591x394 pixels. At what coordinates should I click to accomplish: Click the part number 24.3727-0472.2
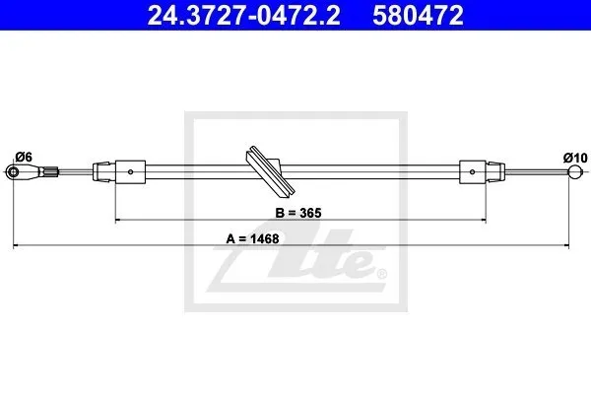(244, 16)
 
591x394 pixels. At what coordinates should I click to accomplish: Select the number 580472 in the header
(418, 16)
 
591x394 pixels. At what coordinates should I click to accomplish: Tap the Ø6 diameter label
(24, 157)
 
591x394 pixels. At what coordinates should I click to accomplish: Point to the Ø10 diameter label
(575, 158)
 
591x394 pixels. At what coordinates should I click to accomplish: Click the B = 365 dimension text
(298, 213)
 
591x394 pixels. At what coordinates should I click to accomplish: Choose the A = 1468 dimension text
(252, 238)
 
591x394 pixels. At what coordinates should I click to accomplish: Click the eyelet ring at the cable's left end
(13, 172)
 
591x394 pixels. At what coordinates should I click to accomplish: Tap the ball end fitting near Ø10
(575, 172)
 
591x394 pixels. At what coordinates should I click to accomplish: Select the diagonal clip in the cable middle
(270, 171)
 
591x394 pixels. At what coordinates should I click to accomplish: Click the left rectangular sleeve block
(130, 172)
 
